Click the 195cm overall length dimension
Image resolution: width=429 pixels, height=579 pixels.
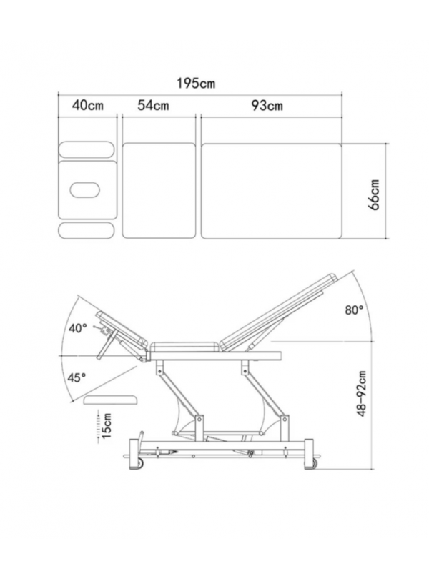coord(195,83)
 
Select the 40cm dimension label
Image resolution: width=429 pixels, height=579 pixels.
coord(87,105)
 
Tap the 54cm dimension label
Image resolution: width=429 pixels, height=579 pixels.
coord(153,105)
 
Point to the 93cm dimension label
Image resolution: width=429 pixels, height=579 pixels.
coord(267,106)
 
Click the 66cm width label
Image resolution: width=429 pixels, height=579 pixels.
coord(374,195)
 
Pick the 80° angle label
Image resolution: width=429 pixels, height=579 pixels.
coord(354,310)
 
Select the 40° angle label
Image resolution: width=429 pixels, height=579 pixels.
coord(78,328)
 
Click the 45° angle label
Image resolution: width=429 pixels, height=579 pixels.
coord(77,377)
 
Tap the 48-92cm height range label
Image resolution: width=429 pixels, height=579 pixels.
coord(362,394)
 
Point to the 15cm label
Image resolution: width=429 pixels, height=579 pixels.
coord(107,426)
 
